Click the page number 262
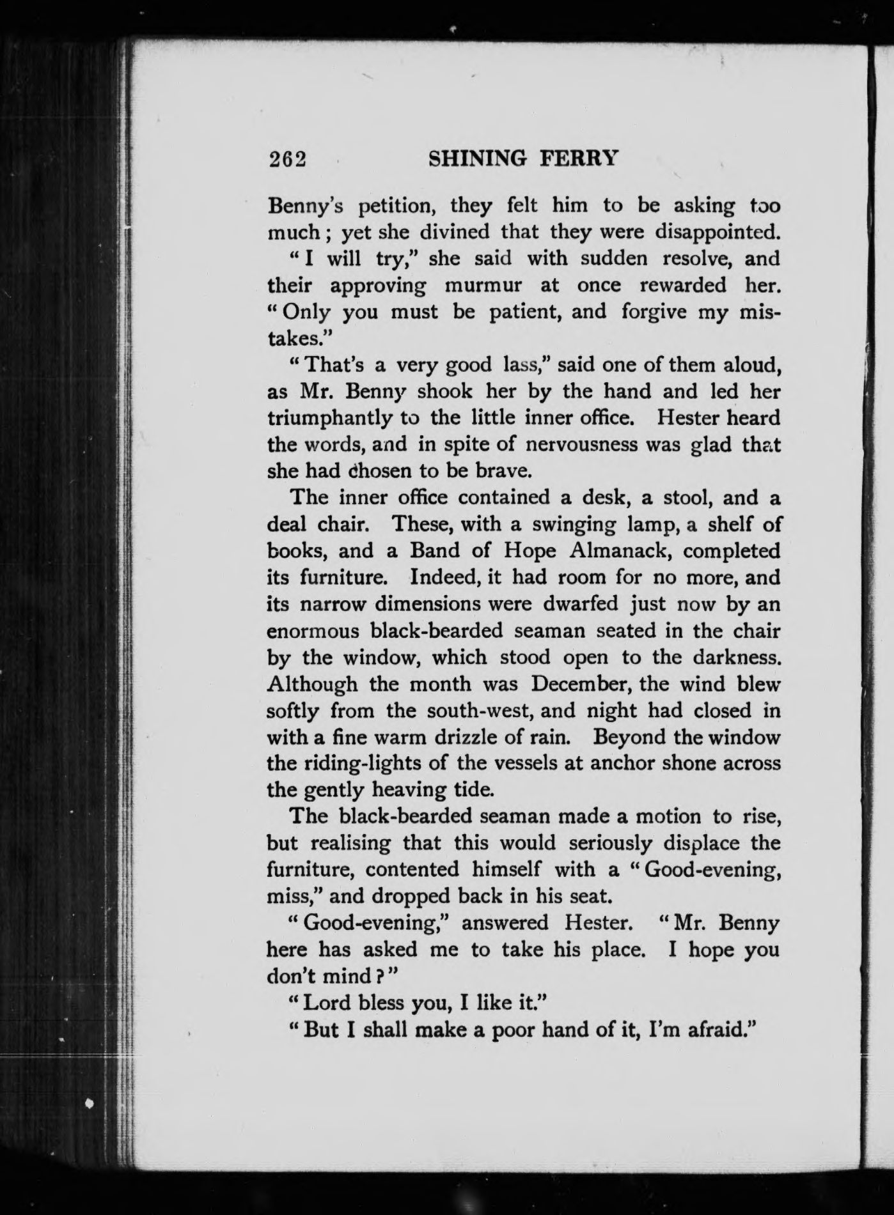tap(288, 159)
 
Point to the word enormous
tap(312, 631)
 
